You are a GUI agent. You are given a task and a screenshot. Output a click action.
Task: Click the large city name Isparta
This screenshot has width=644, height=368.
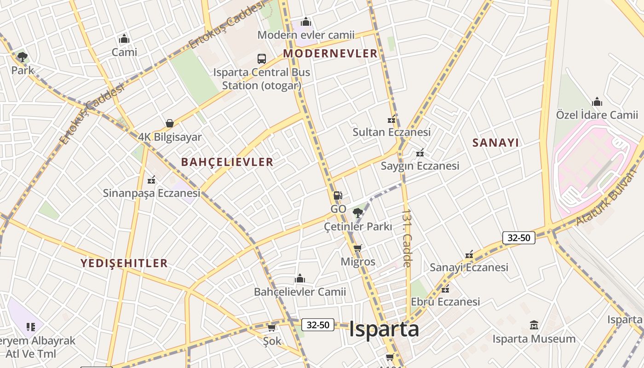[384, 329]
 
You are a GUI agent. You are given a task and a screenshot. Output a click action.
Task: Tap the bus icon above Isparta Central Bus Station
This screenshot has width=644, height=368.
[262, 59]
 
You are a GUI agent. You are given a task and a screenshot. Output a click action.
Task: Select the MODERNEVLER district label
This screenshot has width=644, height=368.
[330, 53]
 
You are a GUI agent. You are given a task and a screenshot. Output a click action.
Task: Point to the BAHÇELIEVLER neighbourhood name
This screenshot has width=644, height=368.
[227, 162]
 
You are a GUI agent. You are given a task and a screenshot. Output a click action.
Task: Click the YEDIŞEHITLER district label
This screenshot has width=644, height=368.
[124, 263]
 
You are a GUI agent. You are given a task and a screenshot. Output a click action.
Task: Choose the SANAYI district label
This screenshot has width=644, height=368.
[495, 143]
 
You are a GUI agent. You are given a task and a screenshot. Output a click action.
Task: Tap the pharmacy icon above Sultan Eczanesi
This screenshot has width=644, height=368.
[391, 120]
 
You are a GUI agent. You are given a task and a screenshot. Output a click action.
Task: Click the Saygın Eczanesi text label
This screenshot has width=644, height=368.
[420, 166]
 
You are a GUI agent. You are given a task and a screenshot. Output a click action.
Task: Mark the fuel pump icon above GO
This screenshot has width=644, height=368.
[338, 195]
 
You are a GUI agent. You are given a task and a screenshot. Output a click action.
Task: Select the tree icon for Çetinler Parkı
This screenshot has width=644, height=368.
[357, 213]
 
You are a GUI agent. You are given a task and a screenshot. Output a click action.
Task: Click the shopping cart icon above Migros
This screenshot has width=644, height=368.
[357, 248]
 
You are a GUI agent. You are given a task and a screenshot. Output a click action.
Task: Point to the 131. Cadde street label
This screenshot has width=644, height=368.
[407, 238]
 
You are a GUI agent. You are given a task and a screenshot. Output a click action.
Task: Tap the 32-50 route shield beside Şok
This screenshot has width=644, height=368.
[317, 325]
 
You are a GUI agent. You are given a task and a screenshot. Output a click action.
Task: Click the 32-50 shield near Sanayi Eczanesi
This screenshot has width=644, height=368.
[519, 238]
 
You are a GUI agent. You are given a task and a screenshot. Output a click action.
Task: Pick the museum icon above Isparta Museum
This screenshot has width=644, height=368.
[534, 325]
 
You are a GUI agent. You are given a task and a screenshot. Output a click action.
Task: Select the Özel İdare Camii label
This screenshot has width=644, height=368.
[597, 115]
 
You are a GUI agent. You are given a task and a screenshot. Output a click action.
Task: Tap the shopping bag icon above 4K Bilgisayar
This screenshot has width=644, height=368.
[170, 123]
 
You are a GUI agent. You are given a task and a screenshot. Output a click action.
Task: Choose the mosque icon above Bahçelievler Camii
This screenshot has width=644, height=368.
[300, 278]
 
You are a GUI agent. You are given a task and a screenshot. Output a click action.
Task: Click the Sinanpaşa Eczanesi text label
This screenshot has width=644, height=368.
[151, 193]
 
